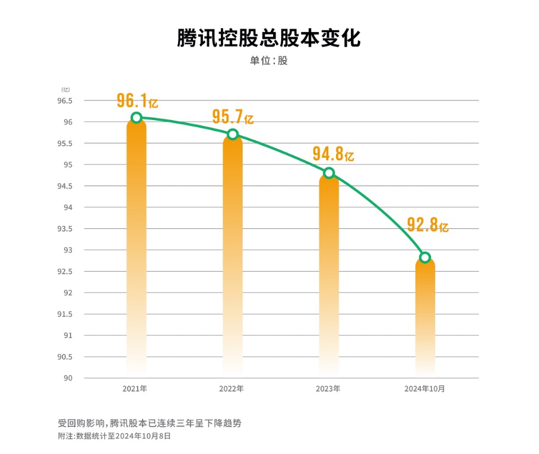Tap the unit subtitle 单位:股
pos(269,61)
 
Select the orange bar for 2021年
pos(137,250)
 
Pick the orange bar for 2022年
pos(233,256)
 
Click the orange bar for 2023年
pos(329,273)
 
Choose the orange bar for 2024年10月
pos(425,315)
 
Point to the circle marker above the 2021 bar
pos(137,118)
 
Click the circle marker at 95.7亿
pos(233,134)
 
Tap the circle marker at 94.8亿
pos(329,173)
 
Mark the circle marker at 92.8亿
pos(425,257)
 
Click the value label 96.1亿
pos(137,100)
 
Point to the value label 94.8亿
pos(333,155)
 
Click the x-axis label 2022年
pos(231,389)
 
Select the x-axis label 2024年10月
pos(424,389)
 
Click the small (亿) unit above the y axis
pos(65,89)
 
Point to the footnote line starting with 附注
pos(114,436)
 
